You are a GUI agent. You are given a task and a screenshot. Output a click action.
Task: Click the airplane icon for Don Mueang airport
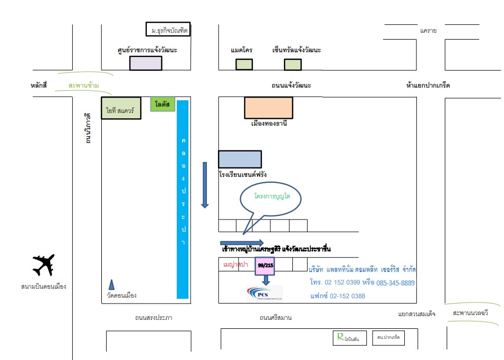43,265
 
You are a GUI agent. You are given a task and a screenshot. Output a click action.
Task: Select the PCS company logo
264,294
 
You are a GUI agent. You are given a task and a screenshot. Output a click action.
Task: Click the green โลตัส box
162,104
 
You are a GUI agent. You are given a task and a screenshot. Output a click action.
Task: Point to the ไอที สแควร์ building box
121,108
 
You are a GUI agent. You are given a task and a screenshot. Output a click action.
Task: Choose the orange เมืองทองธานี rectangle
268,108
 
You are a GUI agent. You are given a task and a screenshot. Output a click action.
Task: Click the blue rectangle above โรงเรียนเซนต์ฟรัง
240,159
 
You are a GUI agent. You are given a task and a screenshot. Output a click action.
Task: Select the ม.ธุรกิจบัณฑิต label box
167,30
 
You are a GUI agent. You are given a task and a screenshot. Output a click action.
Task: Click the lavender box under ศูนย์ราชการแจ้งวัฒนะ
146,63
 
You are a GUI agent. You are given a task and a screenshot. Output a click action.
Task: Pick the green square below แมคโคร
244,64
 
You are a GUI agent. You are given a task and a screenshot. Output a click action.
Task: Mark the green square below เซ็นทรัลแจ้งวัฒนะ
292,64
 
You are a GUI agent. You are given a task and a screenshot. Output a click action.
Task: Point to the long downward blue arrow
205,185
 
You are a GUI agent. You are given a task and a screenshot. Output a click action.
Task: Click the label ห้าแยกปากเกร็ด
428,85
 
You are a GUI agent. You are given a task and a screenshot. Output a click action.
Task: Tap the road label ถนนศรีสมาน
275,318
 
